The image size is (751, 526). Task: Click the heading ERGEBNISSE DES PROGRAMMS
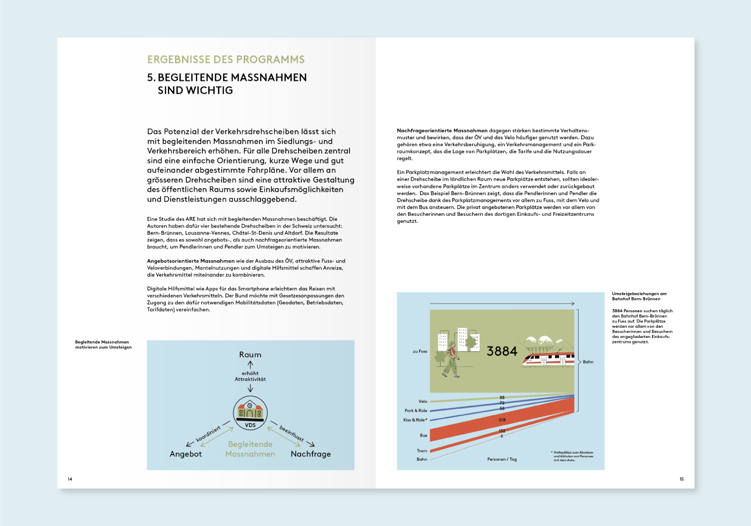tap(226, 59)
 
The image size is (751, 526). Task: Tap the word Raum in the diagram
tap(250, 355)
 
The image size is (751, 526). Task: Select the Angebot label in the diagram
tap(186, 454)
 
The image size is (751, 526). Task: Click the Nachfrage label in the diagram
tap(310, 454)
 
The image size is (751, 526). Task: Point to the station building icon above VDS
tap(250, 410)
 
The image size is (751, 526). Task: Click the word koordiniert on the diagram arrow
tap(208, 434)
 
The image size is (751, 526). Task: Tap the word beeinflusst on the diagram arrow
tap(292, 433)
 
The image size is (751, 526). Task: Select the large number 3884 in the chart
tap(502, 351)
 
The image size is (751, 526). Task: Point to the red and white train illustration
tap(548, 359)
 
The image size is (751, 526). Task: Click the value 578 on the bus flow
tap(502, 420)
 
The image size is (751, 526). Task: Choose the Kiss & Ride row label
tap(415, 420)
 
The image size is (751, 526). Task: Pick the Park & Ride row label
tap(416, 411)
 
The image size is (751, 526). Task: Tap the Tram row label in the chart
tap(422, 450)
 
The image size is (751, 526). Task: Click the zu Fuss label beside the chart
tap(420, 351)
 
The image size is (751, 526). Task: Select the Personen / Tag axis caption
tap(502, 459)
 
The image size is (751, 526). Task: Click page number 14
tap(70, 479)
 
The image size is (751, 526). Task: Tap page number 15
tap(681, 479)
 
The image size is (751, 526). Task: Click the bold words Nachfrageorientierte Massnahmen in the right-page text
tap(442, 131)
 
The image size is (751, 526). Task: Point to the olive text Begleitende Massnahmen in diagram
tap(250, 449)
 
